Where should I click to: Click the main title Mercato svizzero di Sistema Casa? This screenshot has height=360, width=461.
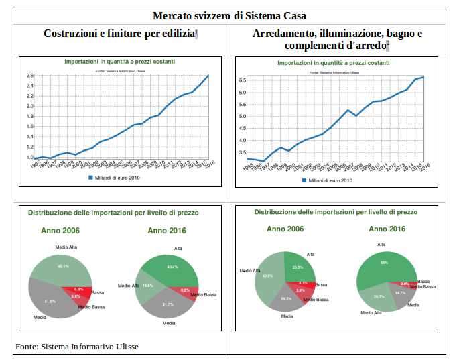pyautogui.click(x=229, y=15)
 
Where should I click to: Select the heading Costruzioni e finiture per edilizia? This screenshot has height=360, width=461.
pyautogui.click(x=119, y=34)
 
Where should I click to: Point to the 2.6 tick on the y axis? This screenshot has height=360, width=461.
pyautogui.click(x=29, y=76)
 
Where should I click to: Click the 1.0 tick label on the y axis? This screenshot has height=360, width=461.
pyautogui.click(x=29, y=158)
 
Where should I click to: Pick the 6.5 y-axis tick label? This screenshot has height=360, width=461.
pyautogui.click(x=243, y=80)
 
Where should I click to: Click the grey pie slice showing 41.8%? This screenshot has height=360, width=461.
pyautogui.click(x=50, y=301)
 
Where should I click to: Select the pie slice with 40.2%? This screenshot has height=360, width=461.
pyautogui.click(x=268, y=276)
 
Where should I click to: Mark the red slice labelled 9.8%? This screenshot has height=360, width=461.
pyautogui.click(x=301, y=292)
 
